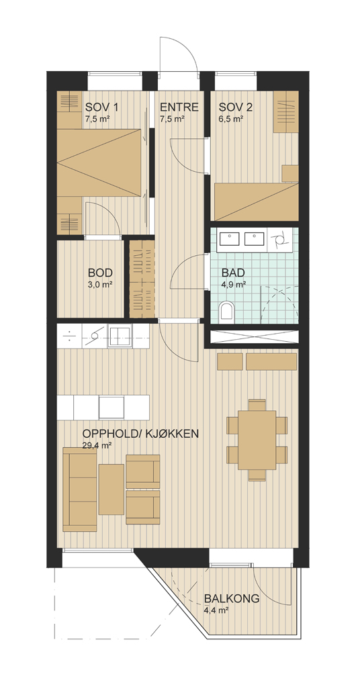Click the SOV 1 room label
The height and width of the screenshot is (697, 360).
[102, 107]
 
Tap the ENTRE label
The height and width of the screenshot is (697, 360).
[179, 107]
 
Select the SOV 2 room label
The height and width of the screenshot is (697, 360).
[236, 107]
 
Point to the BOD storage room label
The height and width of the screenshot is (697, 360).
[100, 273]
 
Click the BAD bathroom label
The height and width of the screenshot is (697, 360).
[234, 273]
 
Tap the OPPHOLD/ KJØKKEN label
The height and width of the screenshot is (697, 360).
[140, 434]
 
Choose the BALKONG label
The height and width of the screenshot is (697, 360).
[232, 598]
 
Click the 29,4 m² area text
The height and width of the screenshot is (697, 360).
[97, 445]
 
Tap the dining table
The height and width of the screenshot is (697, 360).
[257, 440]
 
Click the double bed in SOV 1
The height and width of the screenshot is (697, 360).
[102, 162]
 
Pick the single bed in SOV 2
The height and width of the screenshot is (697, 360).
[256, 201]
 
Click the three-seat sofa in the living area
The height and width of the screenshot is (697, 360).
[80, 489]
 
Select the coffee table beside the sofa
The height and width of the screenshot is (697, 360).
[111, 489]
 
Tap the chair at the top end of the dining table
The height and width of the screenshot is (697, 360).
[257, 405]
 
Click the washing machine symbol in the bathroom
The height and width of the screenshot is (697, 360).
[281, 240]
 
